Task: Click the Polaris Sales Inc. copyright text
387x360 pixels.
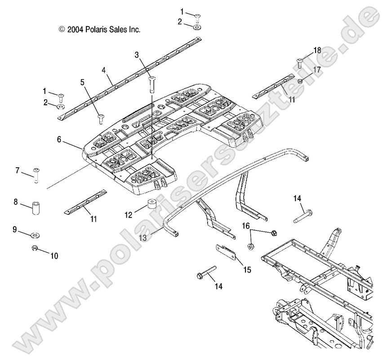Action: click(x=100, y=30)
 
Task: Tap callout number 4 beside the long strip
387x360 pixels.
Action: click(x=104, y=71)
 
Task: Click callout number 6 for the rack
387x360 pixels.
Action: click(x=59, y=140)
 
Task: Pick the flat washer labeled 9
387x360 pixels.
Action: click(x=36, y=235)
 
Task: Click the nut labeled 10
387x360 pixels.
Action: click(x=33, y=249)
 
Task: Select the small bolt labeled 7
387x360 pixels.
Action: click(x=36, y=174)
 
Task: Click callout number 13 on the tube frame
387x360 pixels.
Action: click(x=142, y=238)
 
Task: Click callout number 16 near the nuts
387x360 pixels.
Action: click(x=246, y=225)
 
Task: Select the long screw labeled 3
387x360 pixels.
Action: click(x=151, y=85)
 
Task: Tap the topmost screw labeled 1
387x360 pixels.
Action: click(x=198, y=17)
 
